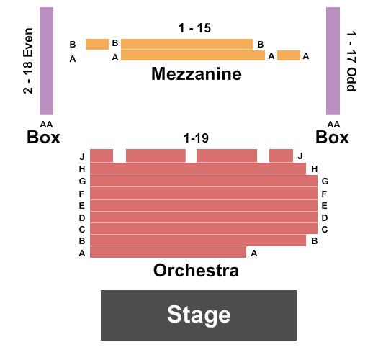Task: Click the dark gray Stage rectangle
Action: (199, 315)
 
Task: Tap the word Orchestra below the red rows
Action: (196, 271)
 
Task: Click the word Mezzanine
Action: (197, 73)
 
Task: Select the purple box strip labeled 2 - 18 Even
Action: (46, 61)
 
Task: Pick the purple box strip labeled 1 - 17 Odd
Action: (333, 61)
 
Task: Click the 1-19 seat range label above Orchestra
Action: (196, 138)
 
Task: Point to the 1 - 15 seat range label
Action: (195, 28)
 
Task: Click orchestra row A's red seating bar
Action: (168, 252)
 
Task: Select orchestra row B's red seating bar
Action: (198, 240)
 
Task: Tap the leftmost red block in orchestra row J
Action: (102, 156)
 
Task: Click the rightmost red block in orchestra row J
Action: (281, 156)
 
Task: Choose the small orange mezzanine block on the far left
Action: (97, 44)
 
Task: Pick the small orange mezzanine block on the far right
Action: (289, 55)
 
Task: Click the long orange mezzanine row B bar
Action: (186, 44)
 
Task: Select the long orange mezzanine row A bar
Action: (193, 55)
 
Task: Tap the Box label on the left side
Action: (43, 138)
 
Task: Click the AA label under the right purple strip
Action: (333, 125)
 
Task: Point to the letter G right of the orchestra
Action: (325, 181)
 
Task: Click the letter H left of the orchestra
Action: (82, 169)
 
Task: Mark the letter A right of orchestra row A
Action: (254, 253)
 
